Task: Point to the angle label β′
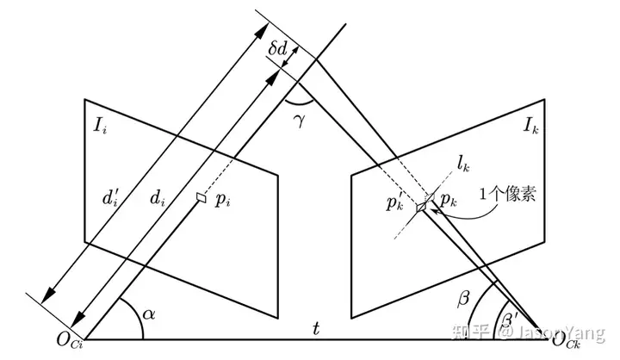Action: coord(512,324)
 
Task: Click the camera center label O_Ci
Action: coord(65,344)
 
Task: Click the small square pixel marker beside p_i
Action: coord(201,197)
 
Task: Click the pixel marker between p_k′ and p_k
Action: coord(422,207)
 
